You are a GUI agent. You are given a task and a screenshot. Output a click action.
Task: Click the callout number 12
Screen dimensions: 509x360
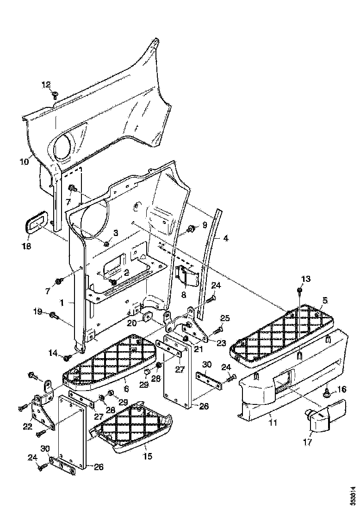point(46,84)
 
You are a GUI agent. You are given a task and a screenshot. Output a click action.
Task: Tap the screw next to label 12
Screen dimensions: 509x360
point(55,94)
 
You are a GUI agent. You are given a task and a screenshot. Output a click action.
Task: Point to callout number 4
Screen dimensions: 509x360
point(225,239)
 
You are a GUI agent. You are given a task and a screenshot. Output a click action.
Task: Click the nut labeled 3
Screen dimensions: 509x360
point(107,244)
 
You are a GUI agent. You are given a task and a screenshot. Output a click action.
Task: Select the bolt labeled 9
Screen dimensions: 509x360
point(190,229)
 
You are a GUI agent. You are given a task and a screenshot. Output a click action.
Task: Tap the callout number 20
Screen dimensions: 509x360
point(132,323)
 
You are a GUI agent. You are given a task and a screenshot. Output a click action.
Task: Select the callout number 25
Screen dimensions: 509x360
point(224,318)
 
